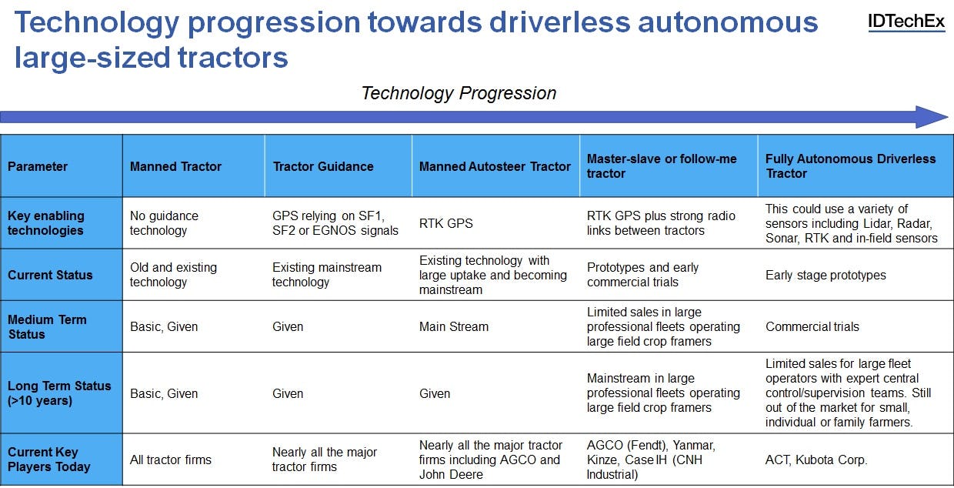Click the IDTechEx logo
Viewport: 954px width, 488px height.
[x=906, y=22]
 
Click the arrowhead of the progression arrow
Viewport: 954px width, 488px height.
[x=932, y=117]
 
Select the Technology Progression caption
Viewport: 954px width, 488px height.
[x=459, y=93]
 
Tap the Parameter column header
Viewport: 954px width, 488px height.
[x=38, y=166]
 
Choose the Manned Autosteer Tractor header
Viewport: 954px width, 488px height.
[x=495, y=166]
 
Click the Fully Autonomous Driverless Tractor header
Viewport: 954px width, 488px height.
[x=850, y=165]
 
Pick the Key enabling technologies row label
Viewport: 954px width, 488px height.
[x=45, y=223]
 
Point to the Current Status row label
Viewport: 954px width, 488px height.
[x=50, y=275]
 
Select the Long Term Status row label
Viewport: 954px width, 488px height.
[x=59, y=393]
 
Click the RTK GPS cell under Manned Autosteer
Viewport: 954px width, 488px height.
[x=446, y=223]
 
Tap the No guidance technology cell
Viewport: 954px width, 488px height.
[x=164, y=223]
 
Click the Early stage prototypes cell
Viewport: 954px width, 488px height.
[x=826, y=275]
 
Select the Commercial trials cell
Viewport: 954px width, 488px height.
[x=812, y=326]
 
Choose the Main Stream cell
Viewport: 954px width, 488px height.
[x=454, y=326]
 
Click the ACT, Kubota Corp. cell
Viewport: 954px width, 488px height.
[x=816, y=460]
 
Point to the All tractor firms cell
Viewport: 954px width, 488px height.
[x=170, y=460]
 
